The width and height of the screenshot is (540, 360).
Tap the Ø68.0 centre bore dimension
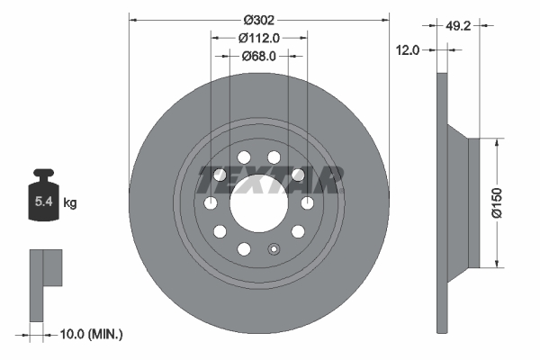pos(258,56)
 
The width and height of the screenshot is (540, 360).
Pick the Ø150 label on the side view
pos(509,202)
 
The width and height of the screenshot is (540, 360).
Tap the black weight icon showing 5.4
pos(43,199)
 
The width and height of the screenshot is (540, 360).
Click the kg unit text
pos(69,203)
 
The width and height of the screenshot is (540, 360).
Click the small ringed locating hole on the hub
pos(275,250)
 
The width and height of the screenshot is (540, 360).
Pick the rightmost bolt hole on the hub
pos(307,203)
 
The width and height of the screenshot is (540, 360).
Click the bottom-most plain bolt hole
pos(243,249)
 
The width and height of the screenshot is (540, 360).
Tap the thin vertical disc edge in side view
pos(441,202)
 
